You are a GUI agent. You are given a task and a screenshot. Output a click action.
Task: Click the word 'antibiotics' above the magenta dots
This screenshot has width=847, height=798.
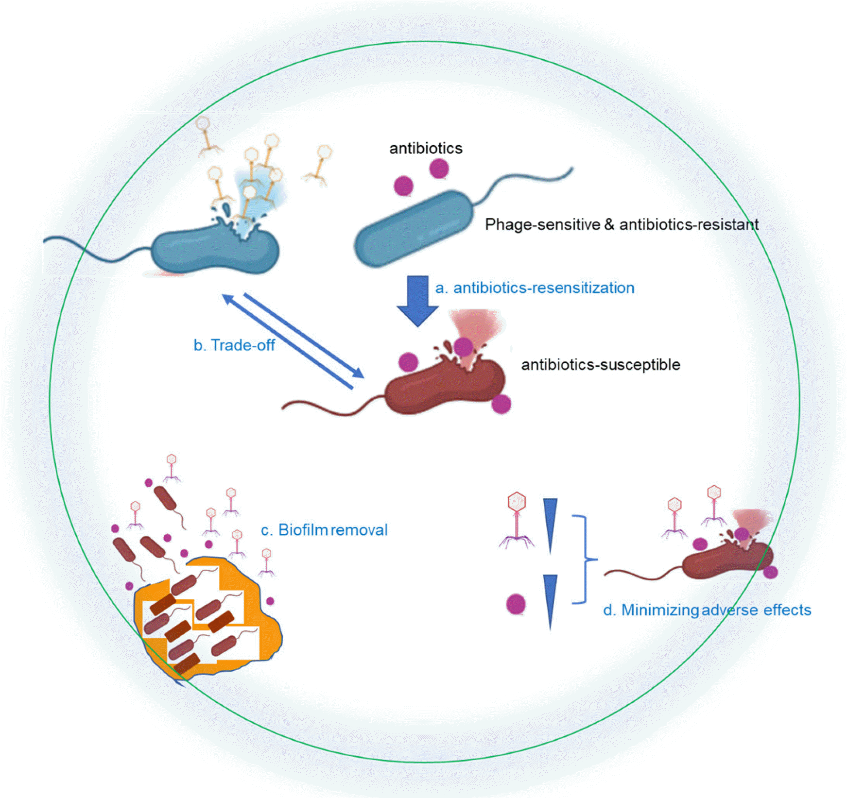click(x=426, y=148)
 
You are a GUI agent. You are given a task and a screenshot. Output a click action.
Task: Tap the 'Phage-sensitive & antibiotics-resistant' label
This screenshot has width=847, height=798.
click(x=622, y=224)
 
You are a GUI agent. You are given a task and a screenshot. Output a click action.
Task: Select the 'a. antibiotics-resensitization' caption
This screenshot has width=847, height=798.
click(x=535, y=288)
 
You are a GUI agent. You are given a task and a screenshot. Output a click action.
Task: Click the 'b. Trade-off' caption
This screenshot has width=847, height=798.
click(x=234, y=345)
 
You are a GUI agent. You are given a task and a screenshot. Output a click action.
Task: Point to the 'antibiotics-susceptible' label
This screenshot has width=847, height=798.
click(x=601, y=364)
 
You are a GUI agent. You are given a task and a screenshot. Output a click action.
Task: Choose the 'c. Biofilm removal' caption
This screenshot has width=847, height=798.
click(x=324, y=530)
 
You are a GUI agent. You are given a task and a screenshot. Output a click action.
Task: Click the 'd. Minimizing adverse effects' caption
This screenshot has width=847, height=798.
click(x=707, y=610)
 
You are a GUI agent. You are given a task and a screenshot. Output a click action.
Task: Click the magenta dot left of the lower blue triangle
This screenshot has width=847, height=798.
click(x=516, y=604)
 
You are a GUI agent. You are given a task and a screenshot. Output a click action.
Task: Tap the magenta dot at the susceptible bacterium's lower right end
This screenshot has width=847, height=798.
click(x=501, y=404)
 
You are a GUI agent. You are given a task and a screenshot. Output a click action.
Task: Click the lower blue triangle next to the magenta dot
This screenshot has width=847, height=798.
click(x=550, y=597)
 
